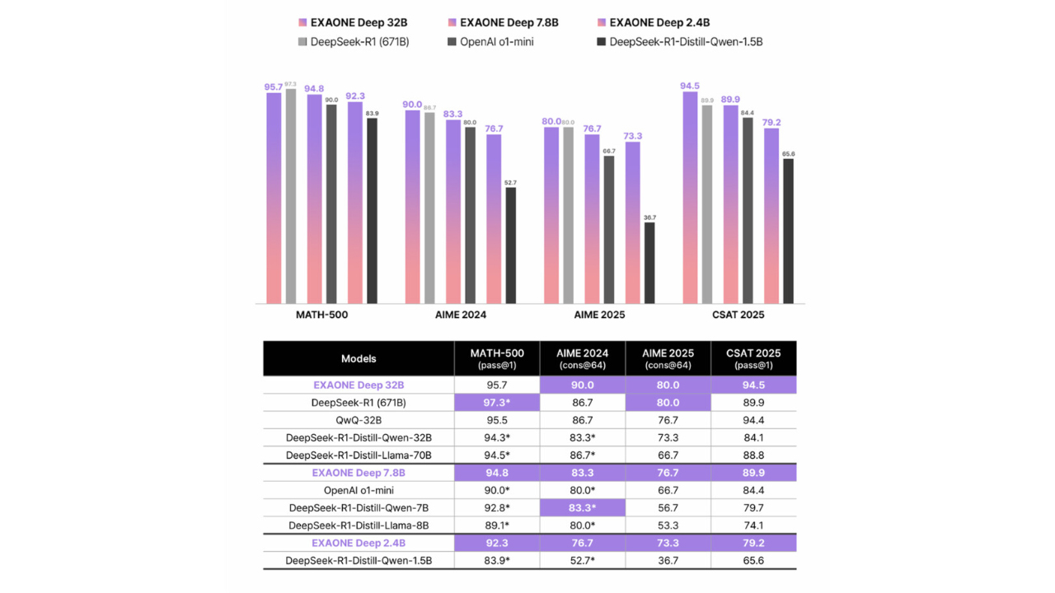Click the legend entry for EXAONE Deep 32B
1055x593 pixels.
coord(353,22)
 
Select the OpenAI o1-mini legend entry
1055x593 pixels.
coord(490,42)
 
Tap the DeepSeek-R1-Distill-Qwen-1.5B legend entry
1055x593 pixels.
coord(680,42)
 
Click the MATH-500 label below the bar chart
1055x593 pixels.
coord(321,315)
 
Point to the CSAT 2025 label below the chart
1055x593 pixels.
coord(738,315)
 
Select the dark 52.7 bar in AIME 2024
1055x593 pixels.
coord(510,245)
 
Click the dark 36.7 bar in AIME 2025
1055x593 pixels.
coord(649,263)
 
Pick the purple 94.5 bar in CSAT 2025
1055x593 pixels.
coord(690,198)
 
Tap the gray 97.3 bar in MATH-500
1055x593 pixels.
coord(291,196)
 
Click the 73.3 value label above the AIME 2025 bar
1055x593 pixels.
coord(632,136)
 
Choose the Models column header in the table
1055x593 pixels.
coord(359,358)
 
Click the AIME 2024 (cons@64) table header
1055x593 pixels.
coord(582,358)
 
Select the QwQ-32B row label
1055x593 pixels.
coord(359,420)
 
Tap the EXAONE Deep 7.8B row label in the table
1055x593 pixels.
coord(359,473)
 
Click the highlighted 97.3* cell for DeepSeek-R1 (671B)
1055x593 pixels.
coord(497,403)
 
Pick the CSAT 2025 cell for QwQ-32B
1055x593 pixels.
coord(753,420)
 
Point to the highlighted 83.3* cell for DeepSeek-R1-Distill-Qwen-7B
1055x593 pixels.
coord(582,508)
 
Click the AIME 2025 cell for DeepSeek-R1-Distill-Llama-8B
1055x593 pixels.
coord(668,525)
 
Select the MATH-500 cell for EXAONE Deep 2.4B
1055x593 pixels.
coord(497,543)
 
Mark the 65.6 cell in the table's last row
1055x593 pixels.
coord(753,561)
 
